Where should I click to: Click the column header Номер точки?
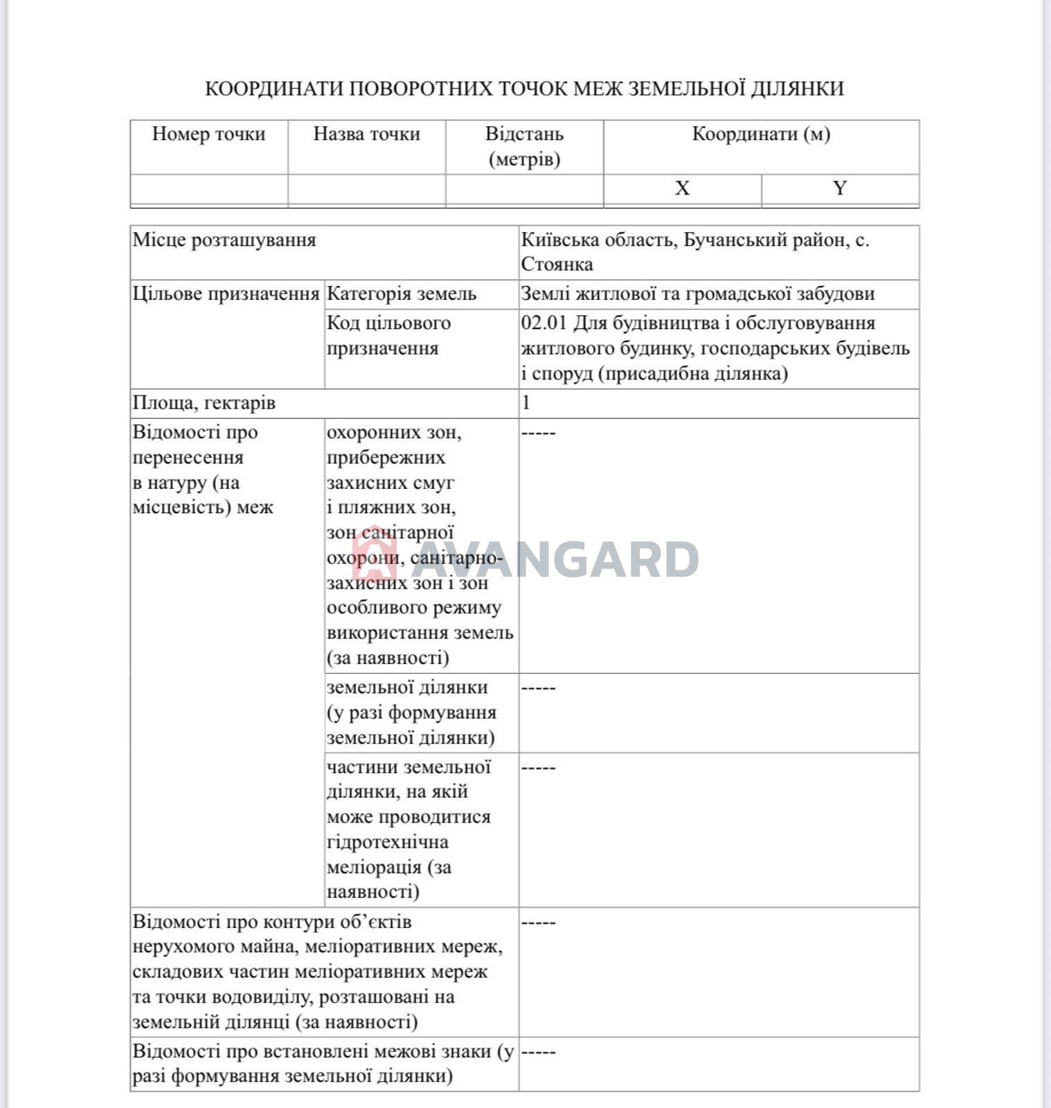pyautogui.click(x=208, y=134)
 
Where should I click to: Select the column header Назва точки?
pyautogui.click(x=366, y=134)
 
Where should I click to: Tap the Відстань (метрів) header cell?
pyautogui.click(x=524, y=146)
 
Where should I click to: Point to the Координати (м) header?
pyautogui.click(x=761, y=134)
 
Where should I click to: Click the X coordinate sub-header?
pyautogui.click(x=682, y=188)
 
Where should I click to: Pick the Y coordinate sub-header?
pyautogui.click(x=840, y=188)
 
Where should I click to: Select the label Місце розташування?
pyautogui.click(x=224, y=240)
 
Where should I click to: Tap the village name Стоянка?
pyautogui.click(x=557, y=265)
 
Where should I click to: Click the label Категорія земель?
pyautogui.click(x=402, y=294)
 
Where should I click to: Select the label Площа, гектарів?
pyautogui.click(x=204, y=403)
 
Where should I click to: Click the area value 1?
pyautogui.click(x=526, y=403)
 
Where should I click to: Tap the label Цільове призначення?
pyautogui.click(x=226, y=294)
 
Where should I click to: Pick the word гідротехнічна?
pyautogui.click(x=387, y=842)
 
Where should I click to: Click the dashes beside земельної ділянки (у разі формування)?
pyautogui.click(x=538, y=688)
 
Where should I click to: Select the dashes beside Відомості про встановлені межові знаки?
pyautogui.click(x=538, y=1053)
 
